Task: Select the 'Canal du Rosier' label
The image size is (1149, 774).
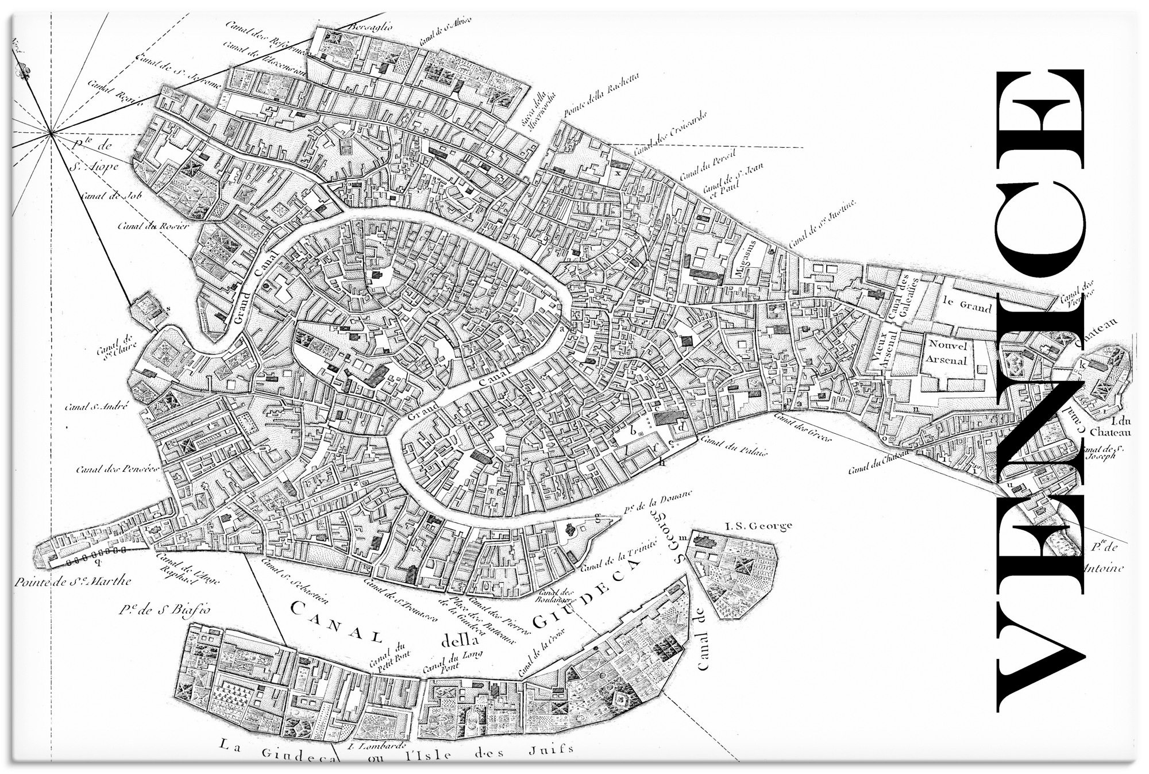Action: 153,225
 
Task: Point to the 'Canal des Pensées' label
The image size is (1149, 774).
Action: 117,469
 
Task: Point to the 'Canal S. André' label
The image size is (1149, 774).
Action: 95,407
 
